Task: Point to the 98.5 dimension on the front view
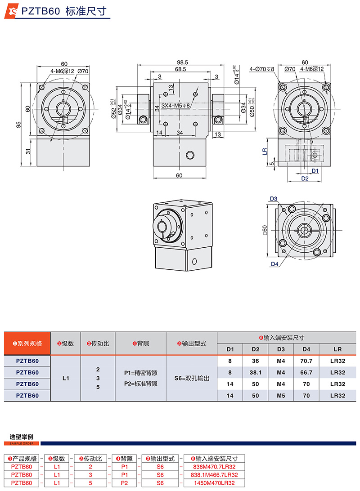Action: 182,62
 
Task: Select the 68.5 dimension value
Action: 181,69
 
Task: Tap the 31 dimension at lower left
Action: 28,152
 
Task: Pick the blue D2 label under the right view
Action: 304,179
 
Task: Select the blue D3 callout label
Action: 273,198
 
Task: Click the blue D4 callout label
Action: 274,264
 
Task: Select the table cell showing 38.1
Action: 255,372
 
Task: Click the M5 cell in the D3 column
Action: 281,396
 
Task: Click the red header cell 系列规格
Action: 27,344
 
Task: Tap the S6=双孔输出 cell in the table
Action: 192,378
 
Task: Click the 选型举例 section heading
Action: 21,437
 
